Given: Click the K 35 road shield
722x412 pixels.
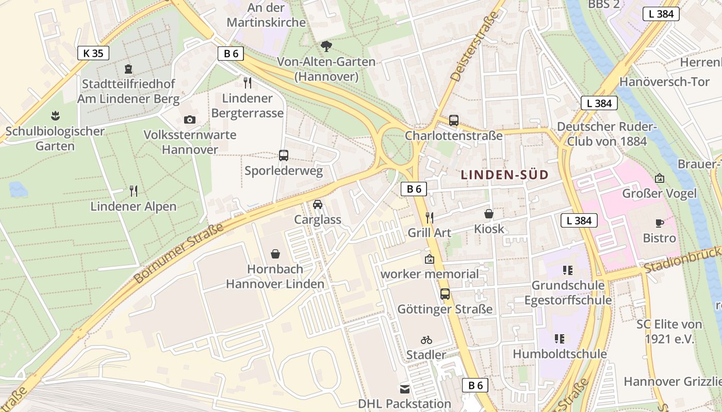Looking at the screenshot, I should point(93,53).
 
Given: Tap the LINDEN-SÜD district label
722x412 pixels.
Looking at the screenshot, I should point(504,175).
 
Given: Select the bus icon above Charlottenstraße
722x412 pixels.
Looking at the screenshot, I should point(454,121).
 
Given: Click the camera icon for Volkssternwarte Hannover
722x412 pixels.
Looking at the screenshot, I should point(190,119).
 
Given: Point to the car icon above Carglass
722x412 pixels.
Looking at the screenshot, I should point(318,204).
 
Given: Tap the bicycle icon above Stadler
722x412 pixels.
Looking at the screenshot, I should point(426,340).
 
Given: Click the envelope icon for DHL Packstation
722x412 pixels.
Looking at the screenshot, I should point(405,389).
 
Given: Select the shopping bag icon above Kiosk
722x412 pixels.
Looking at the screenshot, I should point(489,213).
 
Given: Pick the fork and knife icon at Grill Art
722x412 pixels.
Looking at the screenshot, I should point(429,218).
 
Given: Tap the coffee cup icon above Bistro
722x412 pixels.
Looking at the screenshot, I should point(659,223).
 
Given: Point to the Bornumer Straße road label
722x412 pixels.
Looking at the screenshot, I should point(179,253).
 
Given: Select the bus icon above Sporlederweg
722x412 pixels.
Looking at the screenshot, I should point(284,156).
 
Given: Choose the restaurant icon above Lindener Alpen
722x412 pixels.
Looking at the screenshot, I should point(134,191).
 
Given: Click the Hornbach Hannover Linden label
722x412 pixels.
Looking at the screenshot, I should point(275,277).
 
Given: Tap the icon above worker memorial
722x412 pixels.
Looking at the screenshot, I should point(429,259).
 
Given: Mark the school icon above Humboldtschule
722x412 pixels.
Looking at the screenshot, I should point(560,339).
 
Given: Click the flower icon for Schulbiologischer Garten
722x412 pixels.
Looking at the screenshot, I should point(55,116).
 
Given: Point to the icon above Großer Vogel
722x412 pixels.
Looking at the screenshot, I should point(659,179).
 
